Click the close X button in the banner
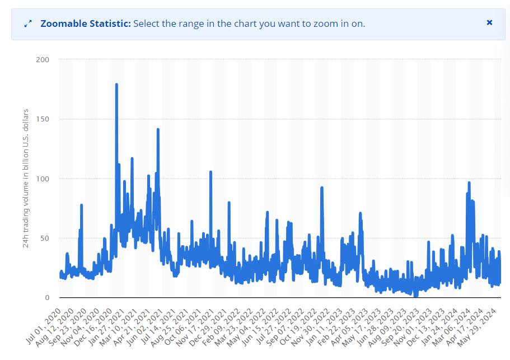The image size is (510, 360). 489,23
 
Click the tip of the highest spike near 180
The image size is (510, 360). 116,84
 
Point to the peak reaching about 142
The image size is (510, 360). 158,129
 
